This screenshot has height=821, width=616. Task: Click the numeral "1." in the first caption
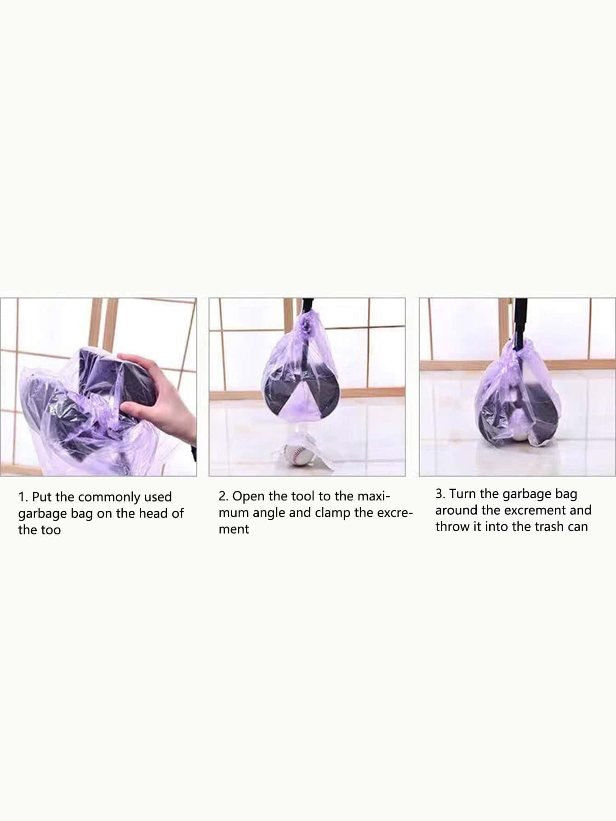click(23, 497)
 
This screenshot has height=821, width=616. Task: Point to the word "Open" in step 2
click(249, 497)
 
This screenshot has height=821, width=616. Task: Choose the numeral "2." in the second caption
click(224, 497)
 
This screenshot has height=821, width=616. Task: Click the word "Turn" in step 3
click(462, 494)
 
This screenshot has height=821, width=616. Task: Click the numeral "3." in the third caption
click(441, 494)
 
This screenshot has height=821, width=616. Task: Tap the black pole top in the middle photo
click(308, 305)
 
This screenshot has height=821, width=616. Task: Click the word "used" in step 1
click(159, 497)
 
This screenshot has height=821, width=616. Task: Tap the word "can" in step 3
click(578, 527)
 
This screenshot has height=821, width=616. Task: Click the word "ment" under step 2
click(234, 530)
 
